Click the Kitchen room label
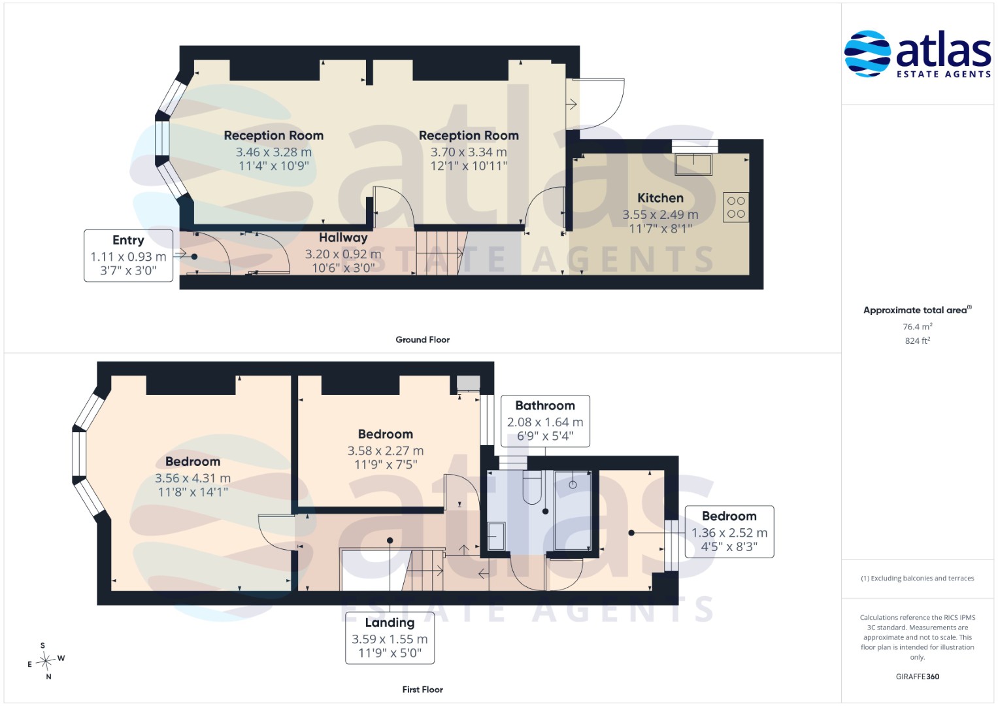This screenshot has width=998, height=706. point(660,198)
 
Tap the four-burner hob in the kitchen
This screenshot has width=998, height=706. point(736,207)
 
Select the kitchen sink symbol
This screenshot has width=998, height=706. point(693,164)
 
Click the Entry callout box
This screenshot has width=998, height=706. point(128,256)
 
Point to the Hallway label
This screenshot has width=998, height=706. point(343,237)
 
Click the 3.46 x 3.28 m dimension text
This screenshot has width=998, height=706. point(274,152)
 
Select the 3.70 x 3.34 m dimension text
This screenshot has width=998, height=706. point(469,152)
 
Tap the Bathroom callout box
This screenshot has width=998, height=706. point(545,421)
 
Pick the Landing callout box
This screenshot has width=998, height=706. point(390,638)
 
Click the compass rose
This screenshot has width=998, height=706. point(46,660)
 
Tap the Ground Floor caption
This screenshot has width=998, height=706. point(422,340)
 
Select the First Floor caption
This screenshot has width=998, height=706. point(422,690)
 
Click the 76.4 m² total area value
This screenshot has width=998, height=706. point(918,326)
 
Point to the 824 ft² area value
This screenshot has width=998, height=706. point(918,341)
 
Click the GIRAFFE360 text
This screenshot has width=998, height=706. point(918,677)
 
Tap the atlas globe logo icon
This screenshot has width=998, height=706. point(867,54)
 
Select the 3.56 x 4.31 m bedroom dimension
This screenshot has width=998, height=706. point(193,479)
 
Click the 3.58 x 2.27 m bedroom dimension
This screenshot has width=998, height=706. point(386,450)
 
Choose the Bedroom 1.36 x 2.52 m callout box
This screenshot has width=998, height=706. point(729,531)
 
